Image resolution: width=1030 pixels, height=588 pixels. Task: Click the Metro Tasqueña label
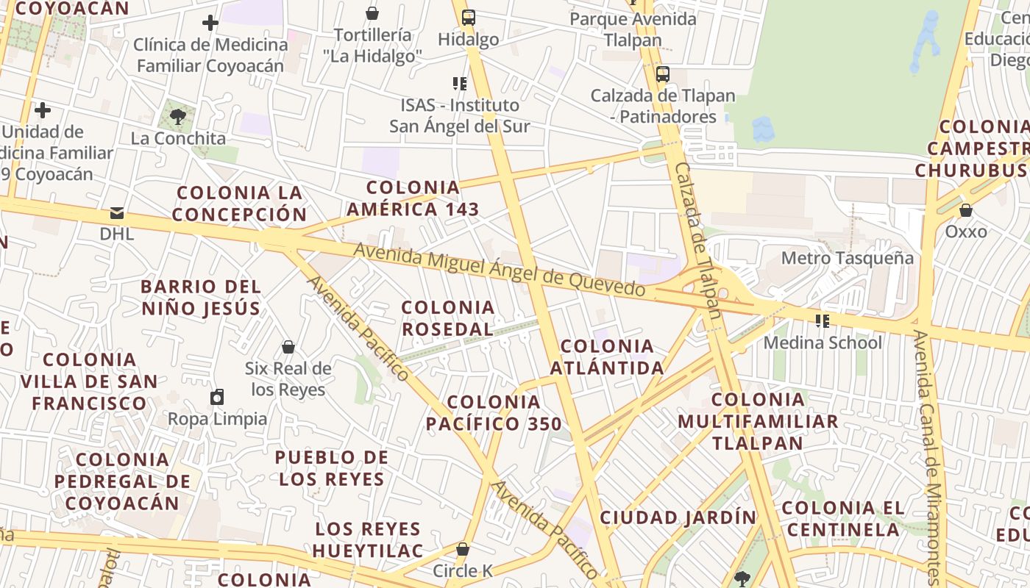(x=847, y=258)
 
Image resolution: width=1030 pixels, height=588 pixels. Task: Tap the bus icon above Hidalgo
(x=468, y=16)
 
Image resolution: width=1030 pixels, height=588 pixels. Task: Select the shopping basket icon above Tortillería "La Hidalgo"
(x=372, y=12)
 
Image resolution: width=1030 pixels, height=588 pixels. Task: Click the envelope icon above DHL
(x=117, y=213)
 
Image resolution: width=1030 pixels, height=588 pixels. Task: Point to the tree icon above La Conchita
(x=177, y=115)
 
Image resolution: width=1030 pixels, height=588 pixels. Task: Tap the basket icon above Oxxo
(x=965, y=210)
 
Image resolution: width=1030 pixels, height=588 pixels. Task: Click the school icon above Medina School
(x=822, y=320)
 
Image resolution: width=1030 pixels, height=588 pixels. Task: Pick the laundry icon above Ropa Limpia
(x=217, y=397)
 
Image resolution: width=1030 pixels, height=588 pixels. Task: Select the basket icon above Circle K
(x=463, y=548)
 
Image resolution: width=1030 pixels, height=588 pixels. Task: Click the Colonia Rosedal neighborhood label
(x=447, y=318)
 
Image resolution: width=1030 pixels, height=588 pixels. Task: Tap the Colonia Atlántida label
(x=612, y=356)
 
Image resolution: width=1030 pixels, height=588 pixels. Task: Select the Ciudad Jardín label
(x=678, y=517)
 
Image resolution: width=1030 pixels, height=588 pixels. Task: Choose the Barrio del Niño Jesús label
(x=201, y=297)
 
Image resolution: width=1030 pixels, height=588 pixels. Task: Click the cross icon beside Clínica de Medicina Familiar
(x=210, y=23)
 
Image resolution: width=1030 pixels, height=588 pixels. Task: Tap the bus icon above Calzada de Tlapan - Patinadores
(x=662, y=73)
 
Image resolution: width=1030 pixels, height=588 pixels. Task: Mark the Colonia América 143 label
(x=413, y=198)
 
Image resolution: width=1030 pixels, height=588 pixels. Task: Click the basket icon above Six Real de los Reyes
(x=288, y=346)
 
